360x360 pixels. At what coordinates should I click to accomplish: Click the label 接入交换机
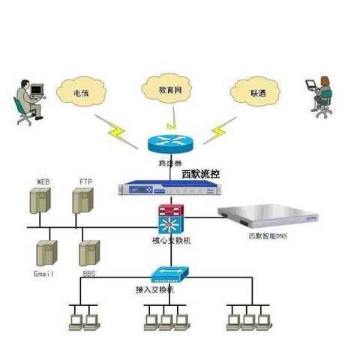[x=154, y=289]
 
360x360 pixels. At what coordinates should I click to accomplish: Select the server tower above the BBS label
[x=89, y=253]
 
